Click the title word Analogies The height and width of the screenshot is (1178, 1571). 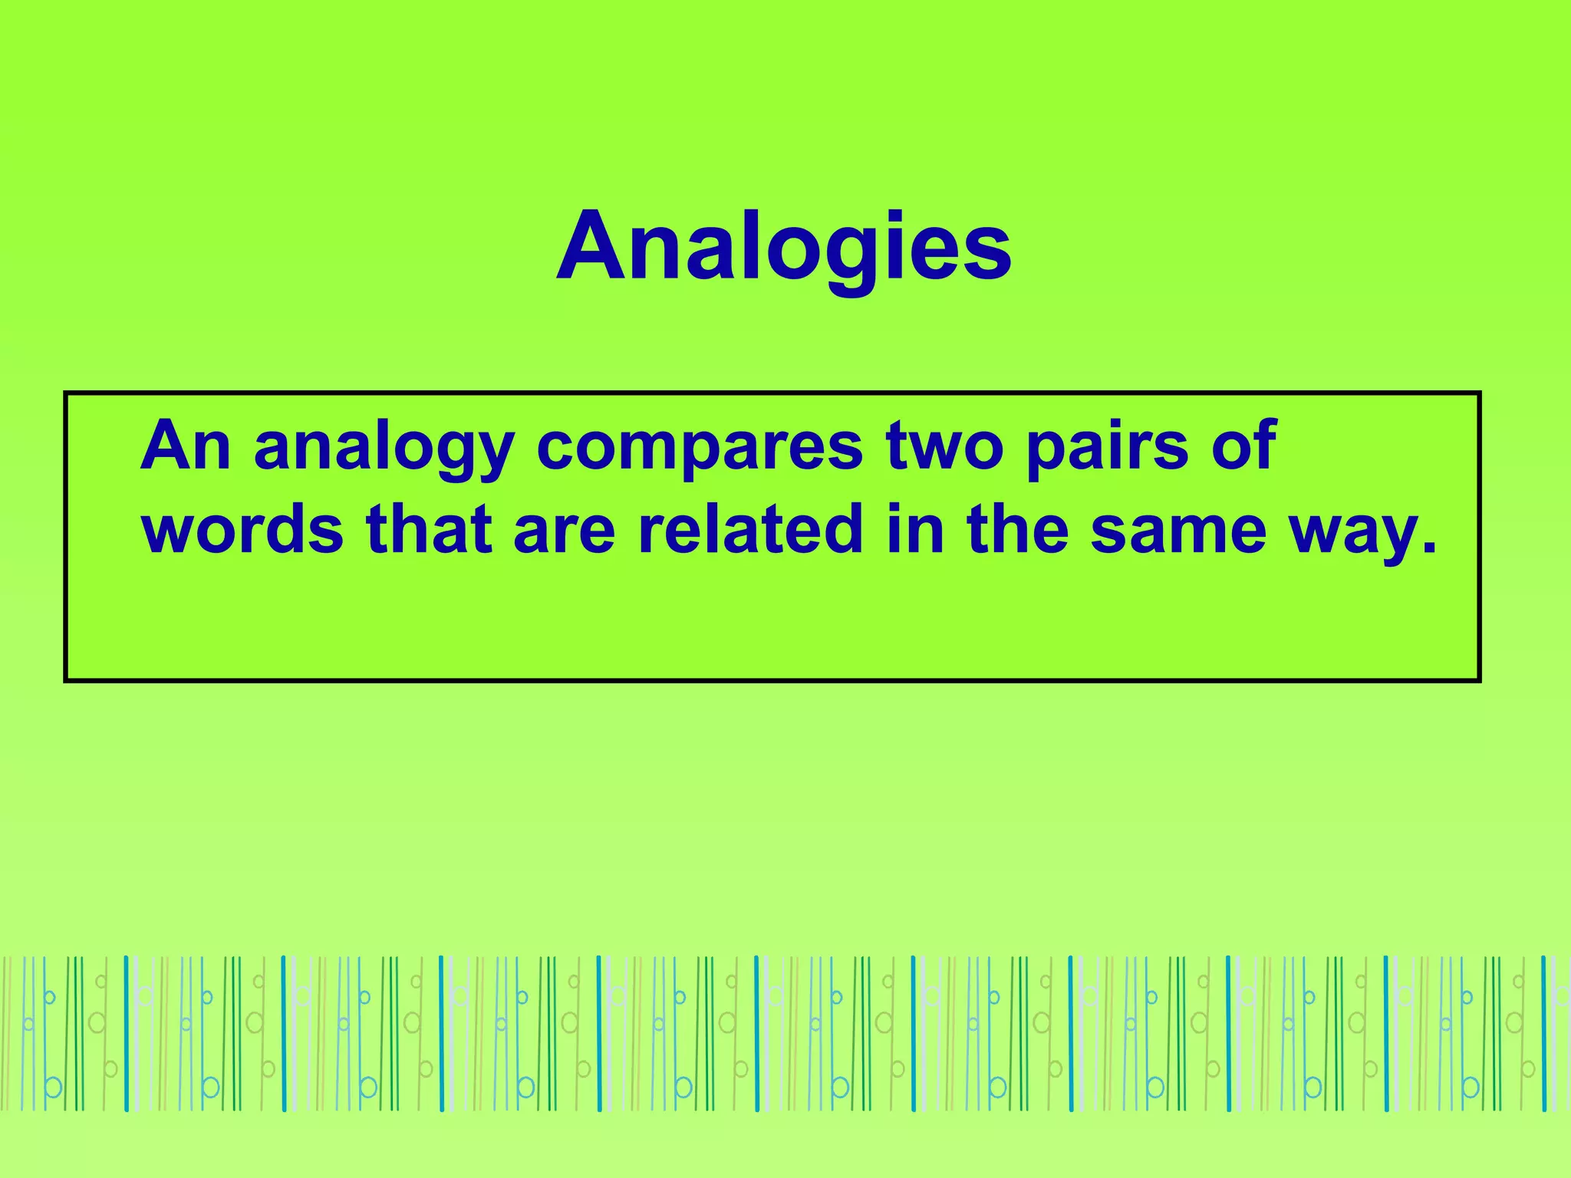(x=784, y=247)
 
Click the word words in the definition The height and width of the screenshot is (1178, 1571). (x=242, y=529)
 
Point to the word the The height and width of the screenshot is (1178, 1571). (x=1018, y=529)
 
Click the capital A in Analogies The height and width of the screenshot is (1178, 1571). (x=595, y=247)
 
